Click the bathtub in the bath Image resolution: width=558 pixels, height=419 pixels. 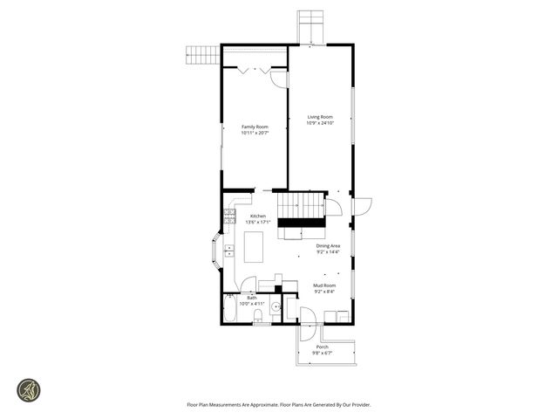tap(230, 308)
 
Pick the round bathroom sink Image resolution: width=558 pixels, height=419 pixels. tap(275, 307)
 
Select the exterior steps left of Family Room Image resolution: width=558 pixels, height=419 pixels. tap(202, 55)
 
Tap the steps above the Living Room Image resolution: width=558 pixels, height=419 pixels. tap(310, 26)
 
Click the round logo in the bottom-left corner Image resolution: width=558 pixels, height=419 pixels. tap(29, 390)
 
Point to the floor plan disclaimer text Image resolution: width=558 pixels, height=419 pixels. tap(278, 404)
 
